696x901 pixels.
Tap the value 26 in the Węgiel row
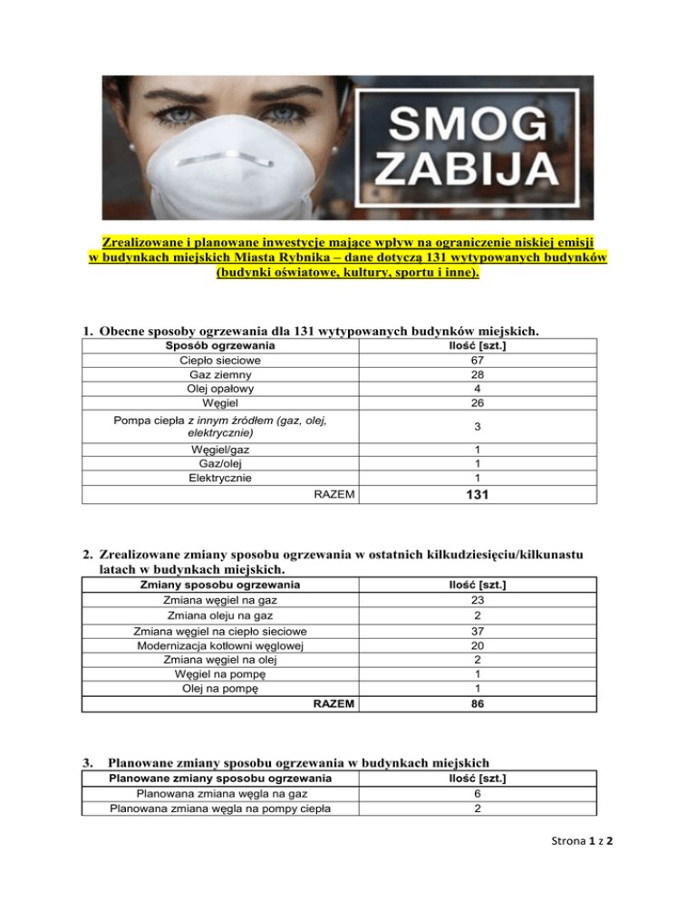tap(476, 402)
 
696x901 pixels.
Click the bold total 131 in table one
tap(476, 495)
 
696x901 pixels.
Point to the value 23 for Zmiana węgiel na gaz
tap(476, 599)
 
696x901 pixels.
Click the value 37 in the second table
tap(476, 630)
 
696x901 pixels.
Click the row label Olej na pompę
tap(220, 689)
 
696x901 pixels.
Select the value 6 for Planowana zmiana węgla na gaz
tap(476, 793)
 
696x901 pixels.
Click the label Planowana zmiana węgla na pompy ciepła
tap(220, 809)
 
